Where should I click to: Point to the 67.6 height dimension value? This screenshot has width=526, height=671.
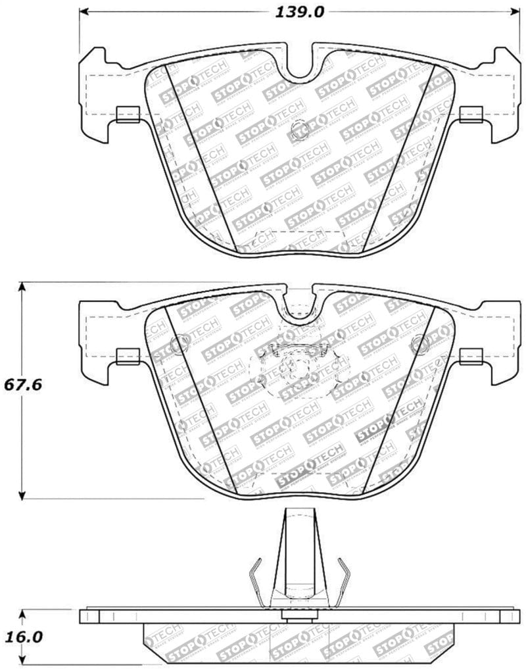(x=22, y=384)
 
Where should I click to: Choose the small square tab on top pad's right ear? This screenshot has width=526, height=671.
(x=471, y=114)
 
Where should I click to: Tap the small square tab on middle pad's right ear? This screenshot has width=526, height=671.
(x=471, y=357)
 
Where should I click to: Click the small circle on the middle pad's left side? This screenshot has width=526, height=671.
(x=179, y=344)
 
